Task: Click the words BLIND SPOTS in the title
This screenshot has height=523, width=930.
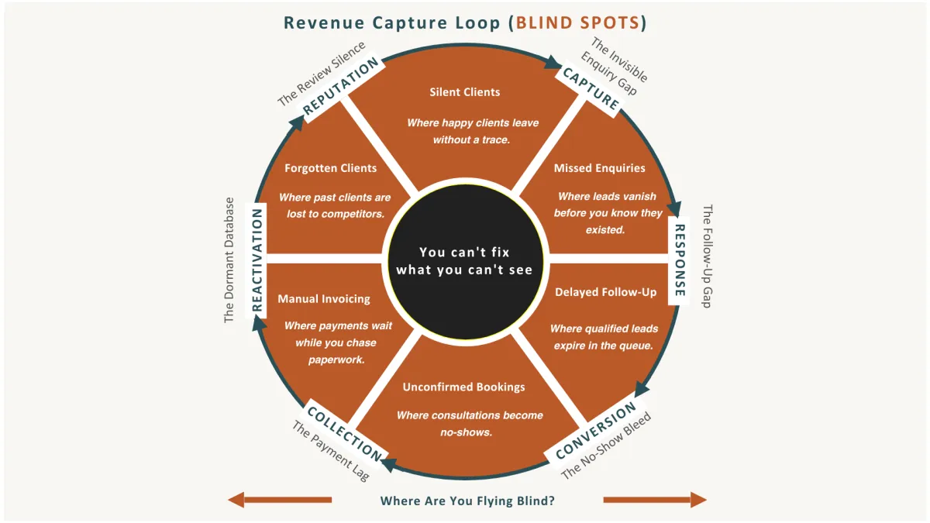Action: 577,22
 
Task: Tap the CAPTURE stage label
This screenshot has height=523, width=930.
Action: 591,88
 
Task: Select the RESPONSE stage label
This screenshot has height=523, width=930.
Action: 679,260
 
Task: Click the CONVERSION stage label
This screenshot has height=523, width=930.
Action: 596,429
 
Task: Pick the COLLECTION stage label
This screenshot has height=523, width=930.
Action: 345,433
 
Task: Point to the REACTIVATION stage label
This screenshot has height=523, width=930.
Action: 257,260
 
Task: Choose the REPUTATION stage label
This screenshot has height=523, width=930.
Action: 341,87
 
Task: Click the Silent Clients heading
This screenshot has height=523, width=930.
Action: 465,92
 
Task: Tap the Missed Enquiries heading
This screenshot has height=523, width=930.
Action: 599,168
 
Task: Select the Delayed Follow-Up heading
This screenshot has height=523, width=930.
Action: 605,292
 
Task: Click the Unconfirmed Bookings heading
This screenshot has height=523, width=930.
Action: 464,387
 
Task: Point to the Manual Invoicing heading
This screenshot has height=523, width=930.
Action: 324,298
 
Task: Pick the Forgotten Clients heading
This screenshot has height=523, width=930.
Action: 330,168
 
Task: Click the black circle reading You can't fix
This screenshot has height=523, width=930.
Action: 465,260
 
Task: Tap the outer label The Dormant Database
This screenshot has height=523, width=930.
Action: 229,260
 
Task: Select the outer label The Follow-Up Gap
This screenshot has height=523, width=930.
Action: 706,256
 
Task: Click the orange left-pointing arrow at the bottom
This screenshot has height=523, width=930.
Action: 280,500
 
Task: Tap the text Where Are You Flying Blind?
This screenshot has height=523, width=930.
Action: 467,501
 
